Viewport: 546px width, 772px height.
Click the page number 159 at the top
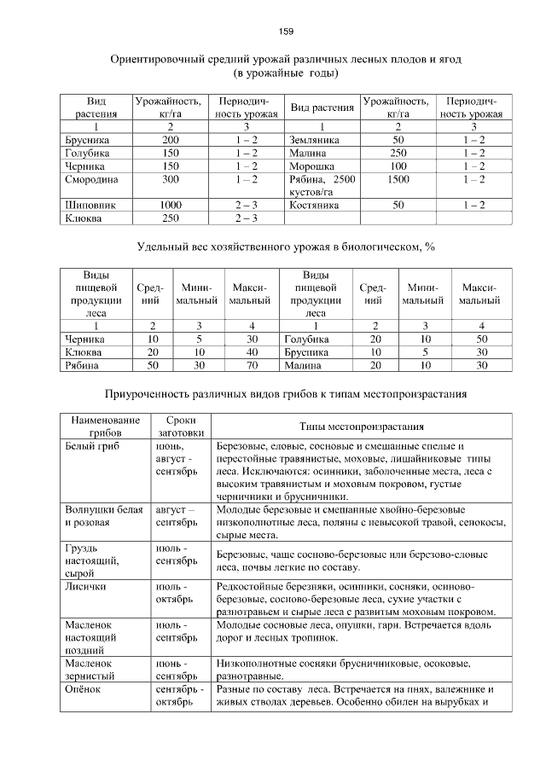(286, 32)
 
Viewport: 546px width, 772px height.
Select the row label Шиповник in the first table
(90, 206)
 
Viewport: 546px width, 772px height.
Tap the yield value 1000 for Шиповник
(171, 206)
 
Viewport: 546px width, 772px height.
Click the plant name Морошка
(312, 166)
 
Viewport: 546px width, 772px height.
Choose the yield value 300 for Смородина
(171, 180)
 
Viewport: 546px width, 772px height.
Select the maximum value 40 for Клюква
(253, 351)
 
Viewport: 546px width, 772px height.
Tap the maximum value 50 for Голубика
(482, 339)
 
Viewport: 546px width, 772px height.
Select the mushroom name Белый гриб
(93, 446)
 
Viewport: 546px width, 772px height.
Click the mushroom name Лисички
(86, 588)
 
